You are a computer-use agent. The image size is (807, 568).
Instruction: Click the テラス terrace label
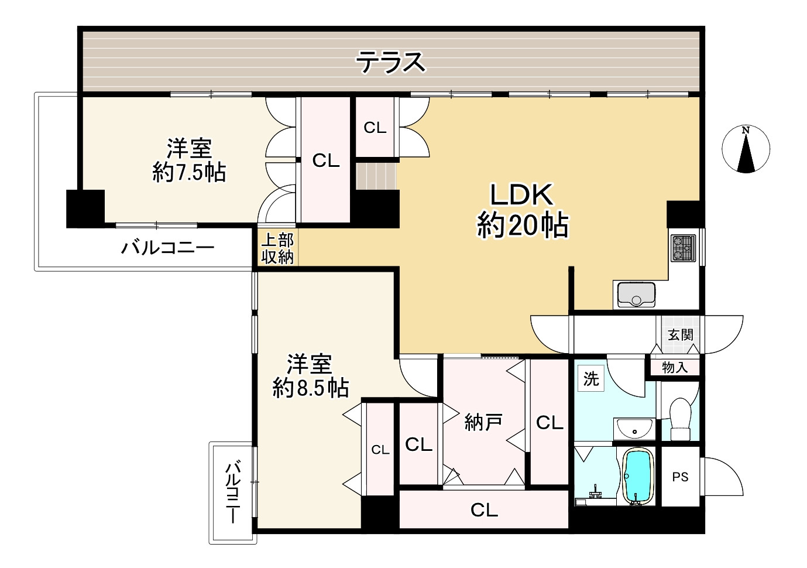[390, 62]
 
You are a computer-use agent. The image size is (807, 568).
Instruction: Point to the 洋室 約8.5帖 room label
[310, 377]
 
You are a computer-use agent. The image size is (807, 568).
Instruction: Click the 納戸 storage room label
[483, 422]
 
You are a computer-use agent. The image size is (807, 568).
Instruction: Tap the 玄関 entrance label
[681, 335]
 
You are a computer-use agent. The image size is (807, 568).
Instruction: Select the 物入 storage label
[675, 368]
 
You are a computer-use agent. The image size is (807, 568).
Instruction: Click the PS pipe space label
[680, 477]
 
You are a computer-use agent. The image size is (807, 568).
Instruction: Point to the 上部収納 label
[277, 248]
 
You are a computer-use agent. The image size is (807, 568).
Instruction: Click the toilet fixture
[680, 419]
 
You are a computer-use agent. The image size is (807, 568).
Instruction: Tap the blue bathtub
[638, 475]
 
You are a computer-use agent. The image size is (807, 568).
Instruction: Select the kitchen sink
[636, 295]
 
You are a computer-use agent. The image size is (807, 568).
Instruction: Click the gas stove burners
[683, 248]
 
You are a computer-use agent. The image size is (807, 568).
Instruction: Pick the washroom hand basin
[634, 429]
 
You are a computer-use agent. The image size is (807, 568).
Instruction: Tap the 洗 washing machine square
[591, 379]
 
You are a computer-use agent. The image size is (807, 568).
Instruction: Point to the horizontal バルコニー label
[168, 248]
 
